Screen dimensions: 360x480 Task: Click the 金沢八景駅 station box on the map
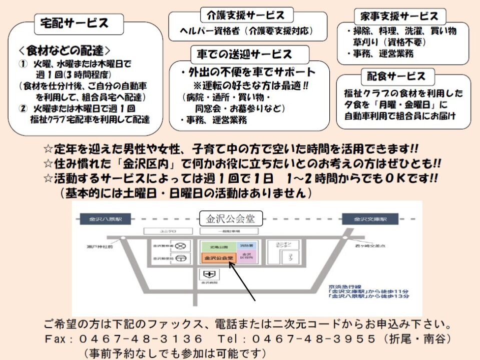coord(102,219)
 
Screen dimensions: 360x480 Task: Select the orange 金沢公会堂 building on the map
coord(217,258)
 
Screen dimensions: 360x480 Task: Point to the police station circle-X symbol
coord(183,245)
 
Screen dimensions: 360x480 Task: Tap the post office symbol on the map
coord(183,258)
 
